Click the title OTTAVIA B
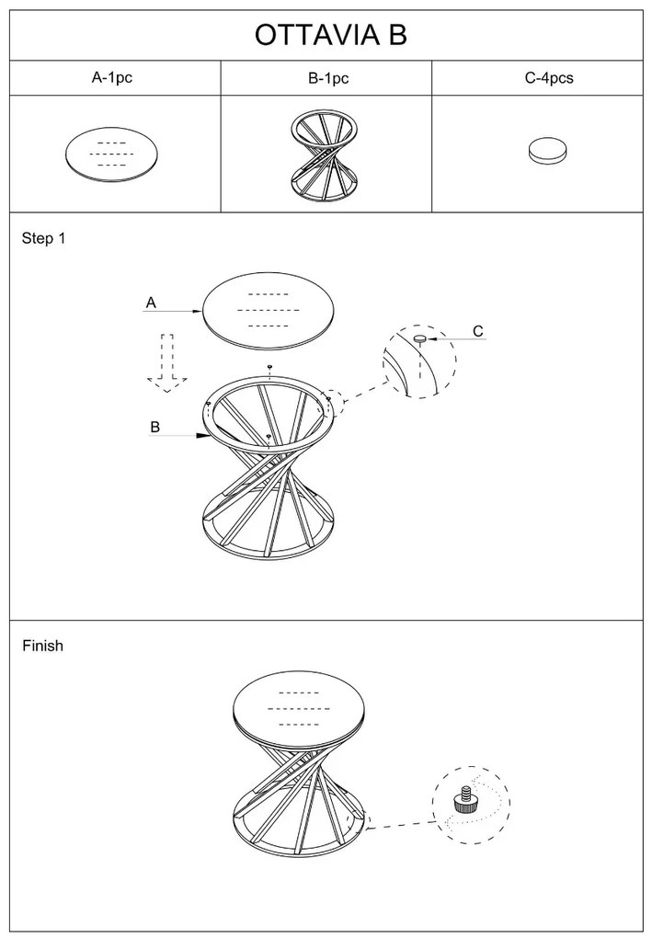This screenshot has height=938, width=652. tap(330, 35)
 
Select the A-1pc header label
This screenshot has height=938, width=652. tap(112, 78)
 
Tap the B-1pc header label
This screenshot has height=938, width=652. tap(328, 79)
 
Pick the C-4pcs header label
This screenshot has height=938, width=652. tap(549, 78)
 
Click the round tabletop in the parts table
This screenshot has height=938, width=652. tap(112, 154)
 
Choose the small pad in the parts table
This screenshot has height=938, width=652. tap(548, 152)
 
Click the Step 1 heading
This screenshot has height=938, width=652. tap(43, 239)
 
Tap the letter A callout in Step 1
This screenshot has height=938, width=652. tap(151, 302)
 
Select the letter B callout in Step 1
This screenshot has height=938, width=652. tap(155, 427)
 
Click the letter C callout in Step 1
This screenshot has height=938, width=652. tap(478, 331)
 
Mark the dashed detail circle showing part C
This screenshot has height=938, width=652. tap(419, 361)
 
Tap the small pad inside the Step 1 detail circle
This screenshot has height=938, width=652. tap(419, 338)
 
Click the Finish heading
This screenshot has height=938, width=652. tap(43, 646)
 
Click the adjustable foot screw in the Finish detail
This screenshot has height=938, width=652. tap(463, 801)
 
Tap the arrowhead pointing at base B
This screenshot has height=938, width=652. tap(200, 438)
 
